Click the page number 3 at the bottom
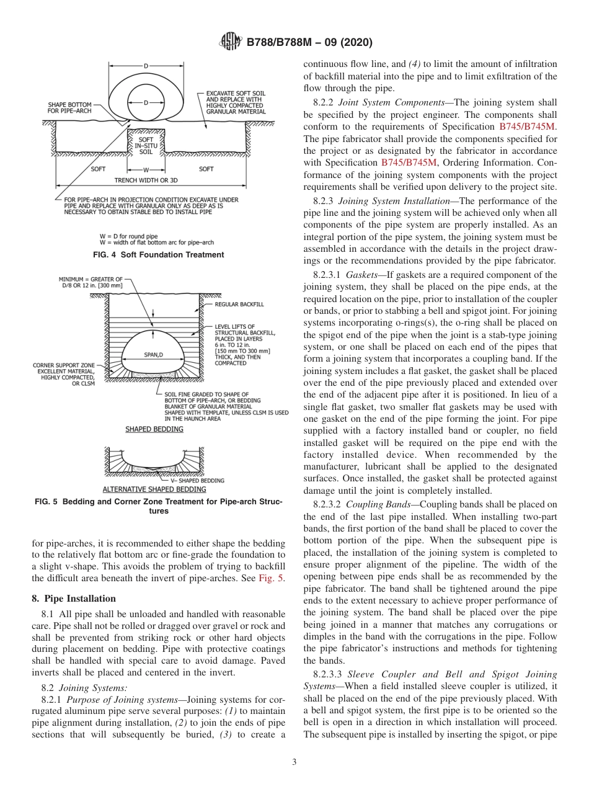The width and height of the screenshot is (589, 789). (294, 762)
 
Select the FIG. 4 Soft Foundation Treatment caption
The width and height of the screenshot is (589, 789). (159, 255)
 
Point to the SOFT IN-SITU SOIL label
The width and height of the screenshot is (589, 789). (146, 146)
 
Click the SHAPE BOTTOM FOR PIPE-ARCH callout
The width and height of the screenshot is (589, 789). (70, 107)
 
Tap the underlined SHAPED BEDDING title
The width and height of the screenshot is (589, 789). (154, 429)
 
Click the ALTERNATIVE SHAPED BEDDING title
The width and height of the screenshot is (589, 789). (154, 489)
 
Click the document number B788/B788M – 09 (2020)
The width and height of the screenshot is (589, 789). (309, 42)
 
